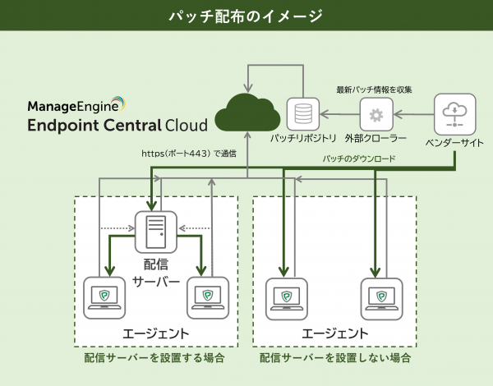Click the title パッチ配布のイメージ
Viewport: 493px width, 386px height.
pos(246,16)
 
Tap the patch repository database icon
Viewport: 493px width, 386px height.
pos(302,113)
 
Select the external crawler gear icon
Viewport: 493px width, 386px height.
pos(376,114)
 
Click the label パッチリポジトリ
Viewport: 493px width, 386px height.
pos(303,140)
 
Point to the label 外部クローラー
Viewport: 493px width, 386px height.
pos(377,140)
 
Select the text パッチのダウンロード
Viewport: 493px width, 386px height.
pos(359,158)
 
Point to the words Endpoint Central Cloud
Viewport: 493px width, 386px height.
pos(117,126)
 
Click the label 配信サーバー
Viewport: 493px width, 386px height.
pos(155,274)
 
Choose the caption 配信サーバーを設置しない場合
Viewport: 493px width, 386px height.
pos(335,358)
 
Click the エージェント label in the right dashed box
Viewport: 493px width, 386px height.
pos(335,333)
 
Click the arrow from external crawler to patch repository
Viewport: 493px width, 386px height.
pos(339,113)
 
